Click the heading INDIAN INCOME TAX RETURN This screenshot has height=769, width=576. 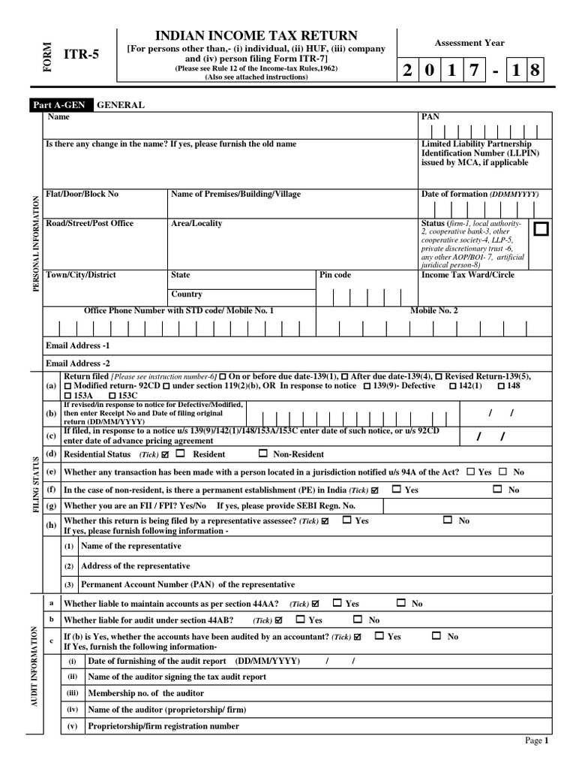[256, 35]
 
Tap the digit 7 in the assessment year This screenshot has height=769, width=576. [475, 71]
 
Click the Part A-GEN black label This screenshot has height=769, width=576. [61, 106]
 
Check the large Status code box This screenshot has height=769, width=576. [541, 229]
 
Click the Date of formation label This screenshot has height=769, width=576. [454, 194]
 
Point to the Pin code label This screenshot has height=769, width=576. [335, 275]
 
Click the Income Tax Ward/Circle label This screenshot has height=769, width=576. [468, 275]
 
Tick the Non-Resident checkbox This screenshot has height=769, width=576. [262, 454]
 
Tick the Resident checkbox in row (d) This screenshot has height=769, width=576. [181, 454]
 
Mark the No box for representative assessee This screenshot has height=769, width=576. [447, 520]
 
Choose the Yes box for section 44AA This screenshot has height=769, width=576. [337, 603]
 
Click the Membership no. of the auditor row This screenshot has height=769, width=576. [135, 692]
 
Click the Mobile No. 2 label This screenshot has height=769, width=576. [433, 310]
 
